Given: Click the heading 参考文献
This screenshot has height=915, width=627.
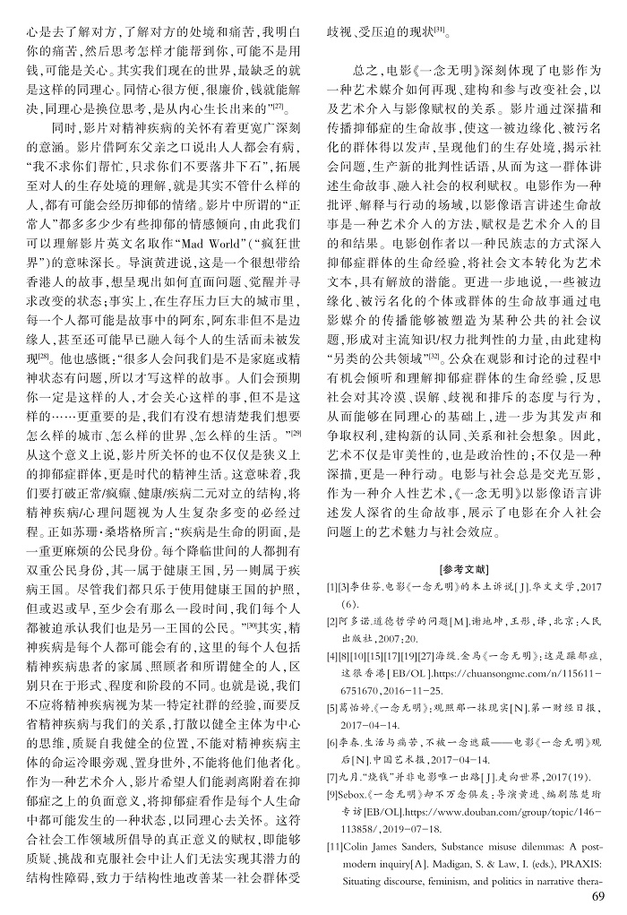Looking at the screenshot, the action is click(x=464, y=569).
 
